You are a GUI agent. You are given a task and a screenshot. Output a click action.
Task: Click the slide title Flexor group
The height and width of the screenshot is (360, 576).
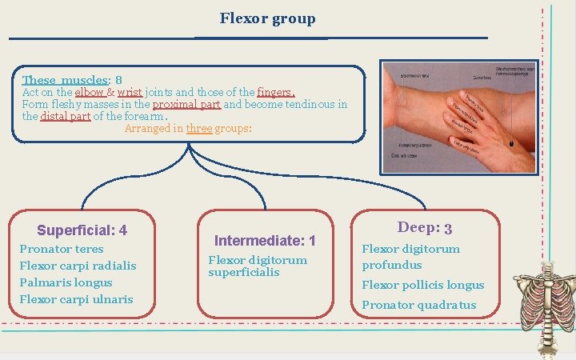pyautogui.click(x=267, y=18)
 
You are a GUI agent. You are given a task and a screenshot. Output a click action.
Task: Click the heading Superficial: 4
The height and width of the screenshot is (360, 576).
pyautogui.click(x=82, y=230)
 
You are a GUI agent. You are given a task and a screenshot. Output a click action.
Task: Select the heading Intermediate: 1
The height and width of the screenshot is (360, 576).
pyautogui.click(x=265, y=240)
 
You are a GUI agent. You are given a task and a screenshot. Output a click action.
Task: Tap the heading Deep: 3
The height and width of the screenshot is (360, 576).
pyautogui.click(x=425, y=228)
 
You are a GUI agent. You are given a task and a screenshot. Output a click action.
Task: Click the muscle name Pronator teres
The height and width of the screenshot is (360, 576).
pyautogui.click(x=61, y=249)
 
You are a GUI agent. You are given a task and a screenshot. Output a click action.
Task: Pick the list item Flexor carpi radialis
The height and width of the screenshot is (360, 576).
pyautogui.click(x=78, y=266)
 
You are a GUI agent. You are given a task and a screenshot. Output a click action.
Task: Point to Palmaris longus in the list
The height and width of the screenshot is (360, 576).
pyautogui.click(x=66, y=282)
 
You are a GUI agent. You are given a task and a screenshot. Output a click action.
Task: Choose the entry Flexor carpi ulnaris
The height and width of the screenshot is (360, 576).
pyautogui.click(x=76, y=299)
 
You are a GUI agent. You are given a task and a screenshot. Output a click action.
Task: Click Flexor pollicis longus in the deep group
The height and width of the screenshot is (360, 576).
pyautogui.click(x=422, y=285)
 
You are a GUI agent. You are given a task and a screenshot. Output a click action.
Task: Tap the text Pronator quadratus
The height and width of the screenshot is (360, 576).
pyautogui.click(x=418, y=305)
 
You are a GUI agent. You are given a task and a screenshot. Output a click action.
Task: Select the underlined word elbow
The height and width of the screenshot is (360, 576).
pyautogui.click(x=90, y=93)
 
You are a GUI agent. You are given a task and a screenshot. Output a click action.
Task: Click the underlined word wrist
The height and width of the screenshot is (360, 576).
pyautogui.click(x=130, y=93)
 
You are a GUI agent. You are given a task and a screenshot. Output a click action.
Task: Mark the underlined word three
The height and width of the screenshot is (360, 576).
pyautogui.click(x=199, y=128)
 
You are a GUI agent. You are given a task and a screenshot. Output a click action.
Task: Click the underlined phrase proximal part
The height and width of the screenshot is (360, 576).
pyautogui.click(x=186, y=105)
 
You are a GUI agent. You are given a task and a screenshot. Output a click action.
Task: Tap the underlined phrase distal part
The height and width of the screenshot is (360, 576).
pyautogui.click(x=66, y=117)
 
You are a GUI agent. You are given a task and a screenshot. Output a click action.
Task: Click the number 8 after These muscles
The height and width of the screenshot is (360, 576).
pyautogui.click(x=118, y=81)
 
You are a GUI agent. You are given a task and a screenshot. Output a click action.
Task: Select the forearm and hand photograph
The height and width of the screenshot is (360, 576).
pyautogui.click(x=458, y=117)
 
